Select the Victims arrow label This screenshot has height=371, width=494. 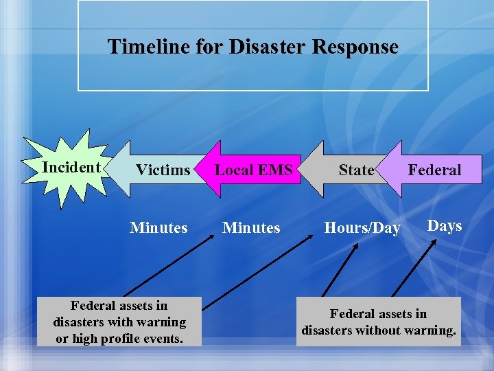163,170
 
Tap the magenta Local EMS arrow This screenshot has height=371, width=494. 254,170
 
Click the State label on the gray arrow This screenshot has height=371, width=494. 356,170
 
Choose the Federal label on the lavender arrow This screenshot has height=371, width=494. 434,170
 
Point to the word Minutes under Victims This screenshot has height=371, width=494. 158,227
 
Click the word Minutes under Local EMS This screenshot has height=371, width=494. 251,227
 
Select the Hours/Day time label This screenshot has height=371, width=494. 362,228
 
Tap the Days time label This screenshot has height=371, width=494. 445,225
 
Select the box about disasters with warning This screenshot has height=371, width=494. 120,322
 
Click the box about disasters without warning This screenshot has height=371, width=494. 378,322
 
